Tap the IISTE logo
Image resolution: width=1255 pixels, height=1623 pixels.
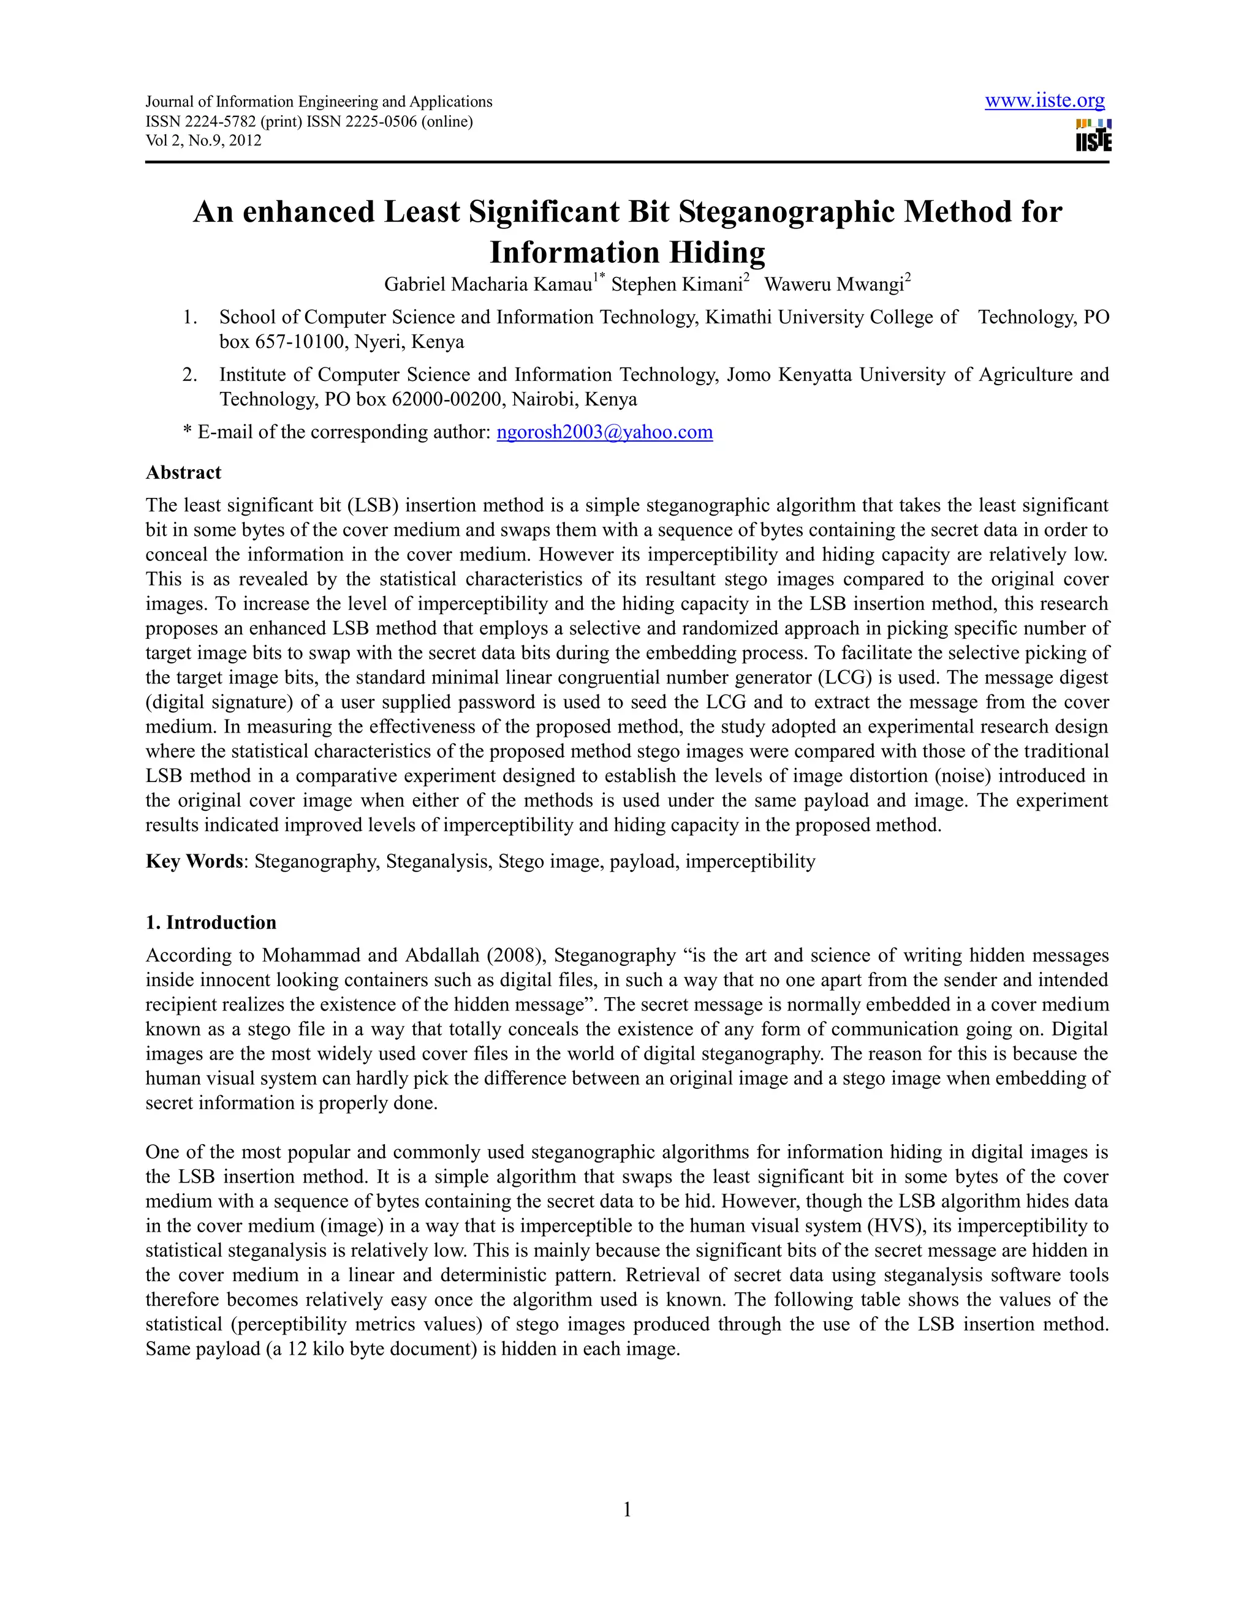pos(1093,135)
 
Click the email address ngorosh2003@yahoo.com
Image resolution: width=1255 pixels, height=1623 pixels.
pos(604,432)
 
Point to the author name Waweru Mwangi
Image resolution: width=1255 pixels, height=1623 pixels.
pos(833,285)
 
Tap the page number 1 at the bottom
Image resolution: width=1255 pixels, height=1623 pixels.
pos(627,1509)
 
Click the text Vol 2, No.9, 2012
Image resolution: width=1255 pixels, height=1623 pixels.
pos(203,140)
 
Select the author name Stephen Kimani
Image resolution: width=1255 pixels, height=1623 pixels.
pos(677,285)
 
